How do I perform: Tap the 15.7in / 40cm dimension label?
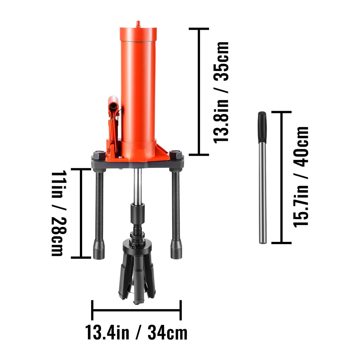point(301,177)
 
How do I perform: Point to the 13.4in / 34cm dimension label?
point(136,333)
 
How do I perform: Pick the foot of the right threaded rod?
point(176,249)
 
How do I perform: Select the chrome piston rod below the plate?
point(138,186)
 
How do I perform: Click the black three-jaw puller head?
point(137,270)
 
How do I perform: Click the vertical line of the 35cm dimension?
point(199,91)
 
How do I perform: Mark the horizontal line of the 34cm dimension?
point(136,310)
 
